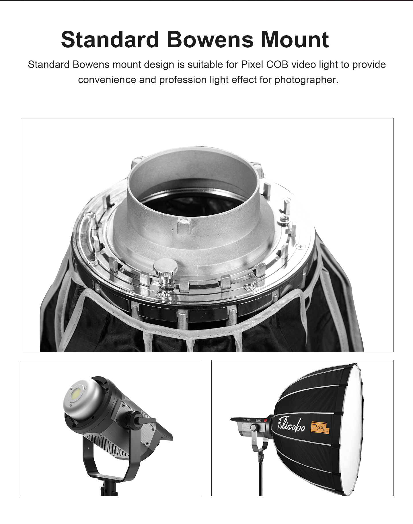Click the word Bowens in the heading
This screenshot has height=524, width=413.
(x=210, y=40)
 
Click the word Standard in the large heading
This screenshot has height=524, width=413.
(x=110, y=40)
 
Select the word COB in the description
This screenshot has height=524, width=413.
(x=277, y=64)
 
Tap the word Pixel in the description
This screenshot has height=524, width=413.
(x=252, y=64)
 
